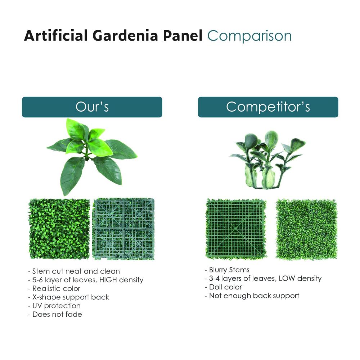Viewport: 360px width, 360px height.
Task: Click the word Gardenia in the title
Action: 125,36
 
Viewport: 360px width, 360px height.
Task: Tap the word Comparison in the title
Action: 249,36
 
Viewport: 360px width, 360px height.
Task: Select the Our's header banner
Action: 92,107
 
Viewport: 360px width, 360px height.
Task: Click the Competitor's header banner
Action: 268,107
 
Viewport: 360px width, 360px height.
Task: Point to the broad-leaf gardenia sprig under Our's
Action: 92,156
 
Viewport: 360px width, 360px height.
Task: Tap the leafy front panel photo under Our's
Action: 59,229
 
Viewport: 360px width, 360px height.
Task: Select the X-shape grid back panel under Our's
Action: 123,229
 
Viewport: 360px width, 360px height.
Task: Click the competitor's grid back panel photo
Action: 236,229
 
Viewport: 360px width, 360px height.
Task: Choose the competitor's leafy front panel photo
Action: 306,229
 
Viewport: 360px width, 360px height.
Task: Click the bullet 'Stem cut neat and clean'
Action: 74,271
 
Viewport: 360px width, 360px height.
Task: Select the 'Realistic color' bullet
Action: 54,288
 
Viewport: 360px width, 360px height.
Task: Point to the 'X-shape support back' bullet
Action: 69,297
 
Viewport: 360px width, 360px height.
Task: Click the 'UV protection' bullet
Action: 54,306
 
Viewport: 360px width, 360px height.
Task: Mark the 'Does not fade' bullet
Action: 55,314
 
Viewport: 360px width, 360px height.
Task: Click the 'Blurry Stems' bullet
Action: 227,270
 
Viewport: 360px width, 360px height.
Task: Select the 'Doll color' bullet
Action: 224,287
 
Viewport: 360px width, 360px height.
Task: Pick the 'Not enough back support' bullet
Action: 252,296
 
